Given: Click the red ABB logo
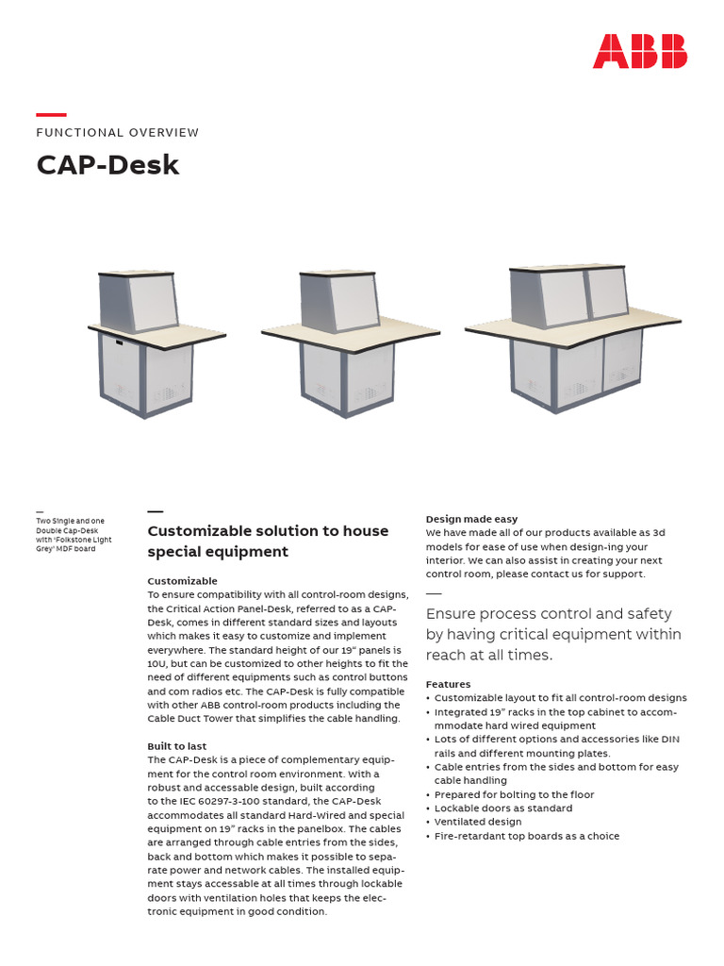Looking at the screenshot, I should tap(639, 51).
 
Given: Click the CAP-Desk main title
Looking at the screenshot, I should tap(107, 165).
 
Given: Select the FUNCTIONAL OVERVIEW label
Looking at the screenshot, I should tap(118, 133).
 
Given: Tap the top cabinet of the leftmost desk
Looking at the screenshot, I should tap(138, 301).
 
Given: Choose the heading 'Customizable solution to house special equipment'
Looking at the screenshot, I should tap(268, 541).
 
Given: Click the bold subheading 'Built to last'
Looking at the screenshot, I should tap(177, 746).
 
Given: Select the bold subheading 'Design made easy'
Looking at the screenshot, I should tap(471, 519).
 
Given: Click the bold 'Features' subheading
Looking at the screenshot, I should tap(448, 684).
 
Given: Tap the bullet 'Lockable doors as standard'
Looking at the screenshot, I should tap(502, 808).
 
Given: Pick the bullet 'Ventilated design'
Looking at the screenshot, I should tap(477, 823).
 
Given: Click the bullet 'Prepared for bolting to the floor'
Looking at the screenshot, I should tap(514, 794).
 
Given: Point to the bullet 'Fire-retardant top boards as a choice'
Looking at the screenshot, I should tap(527, 837).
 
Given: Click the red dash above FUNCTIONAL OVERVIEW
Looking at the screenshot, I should tap(51, 114).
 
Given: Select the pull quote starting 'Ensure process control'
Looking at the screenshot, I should tap(553, 634).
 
